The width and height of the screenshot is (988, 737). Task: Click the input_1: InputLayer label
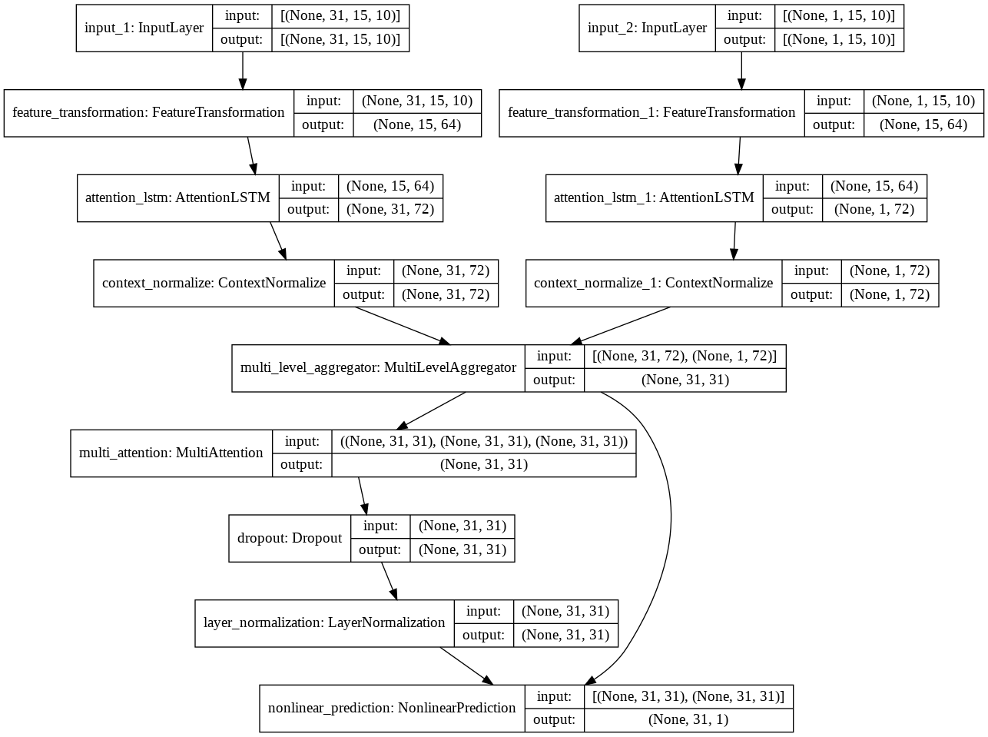[144, 28]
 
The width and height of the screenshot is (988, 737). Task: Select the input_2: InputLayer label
[647, 28]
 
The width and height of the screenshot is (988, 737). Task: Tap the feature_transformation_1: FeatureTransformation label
[651, 113]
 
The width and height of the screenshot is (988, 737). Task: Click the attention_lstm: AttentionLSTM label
[177, 198]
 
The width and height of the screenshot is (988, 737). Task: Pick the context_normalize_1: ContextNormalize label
[653, 283]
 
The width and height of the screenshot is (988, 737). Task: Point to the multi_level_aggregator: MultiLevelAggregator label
[378, 367]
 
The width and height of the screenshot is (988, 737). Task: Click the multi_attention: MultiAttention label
[171, 453]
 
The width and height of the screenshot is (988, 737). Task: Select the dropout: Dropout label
[290, 538]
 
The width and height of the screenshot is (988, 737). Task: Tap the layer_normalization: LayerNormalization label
[324, 622]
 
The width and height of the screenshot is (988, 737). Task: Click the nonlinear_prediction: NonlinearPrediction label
[392, 708]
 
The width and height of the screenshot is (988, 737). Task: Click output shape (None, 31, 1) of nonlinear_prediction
[688, 720]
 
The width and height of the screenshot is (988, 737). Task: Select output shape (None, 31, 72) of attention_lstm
[390, 210]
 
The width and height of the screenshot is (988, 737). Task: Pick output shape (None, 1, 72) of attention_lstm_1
[874, 210]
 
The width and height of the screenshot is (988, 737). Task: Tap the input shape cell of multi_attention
[483, 441]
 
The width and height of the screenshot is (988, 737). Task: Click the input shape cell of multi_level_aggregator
[685, 356]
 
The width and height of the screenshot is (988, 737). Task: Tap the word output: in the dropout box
[380, 550]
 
